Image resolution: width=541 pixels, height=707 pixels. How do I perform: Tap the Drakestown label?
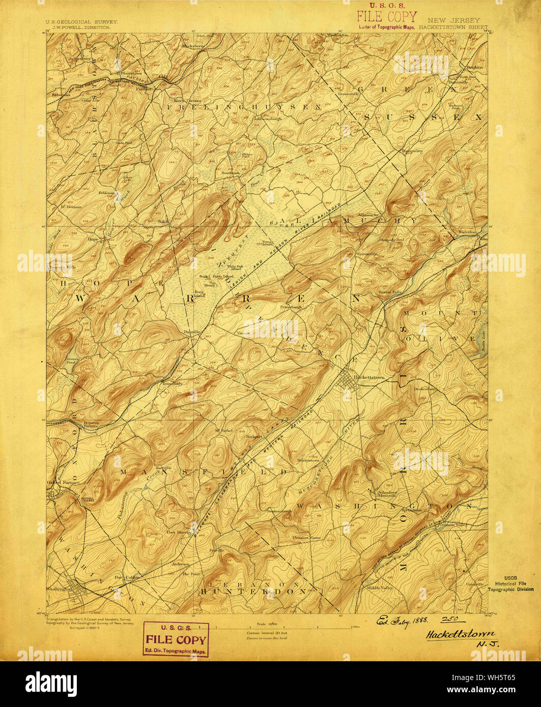425,389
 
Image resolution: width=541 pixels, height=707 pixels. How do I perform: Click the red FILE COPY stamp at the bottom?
176,639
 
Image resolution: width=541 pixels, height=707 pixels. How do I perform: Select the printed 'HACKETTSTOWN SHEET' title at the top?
453,27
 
